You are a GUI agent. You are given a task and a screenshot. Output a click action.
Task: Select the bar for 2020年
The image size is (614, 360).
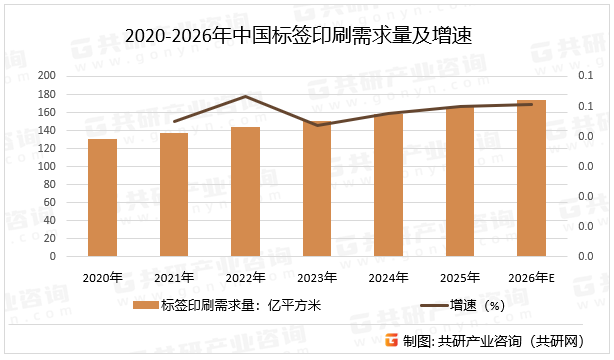click(102, 197)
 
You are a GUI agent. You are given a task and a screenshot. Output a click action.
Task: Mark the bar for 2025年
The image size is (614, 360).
click(460, 181)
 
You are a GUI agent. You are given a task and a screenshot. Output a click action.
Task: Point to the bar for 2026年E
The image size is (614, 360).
click(531, 178)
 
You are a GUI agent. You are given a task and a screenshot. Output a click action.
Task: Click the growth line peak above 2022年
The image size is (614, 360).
click(245, 96)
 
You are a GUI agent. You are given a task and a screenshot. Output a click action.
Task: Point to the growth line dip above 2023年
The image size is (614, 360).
click(317, 125)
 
